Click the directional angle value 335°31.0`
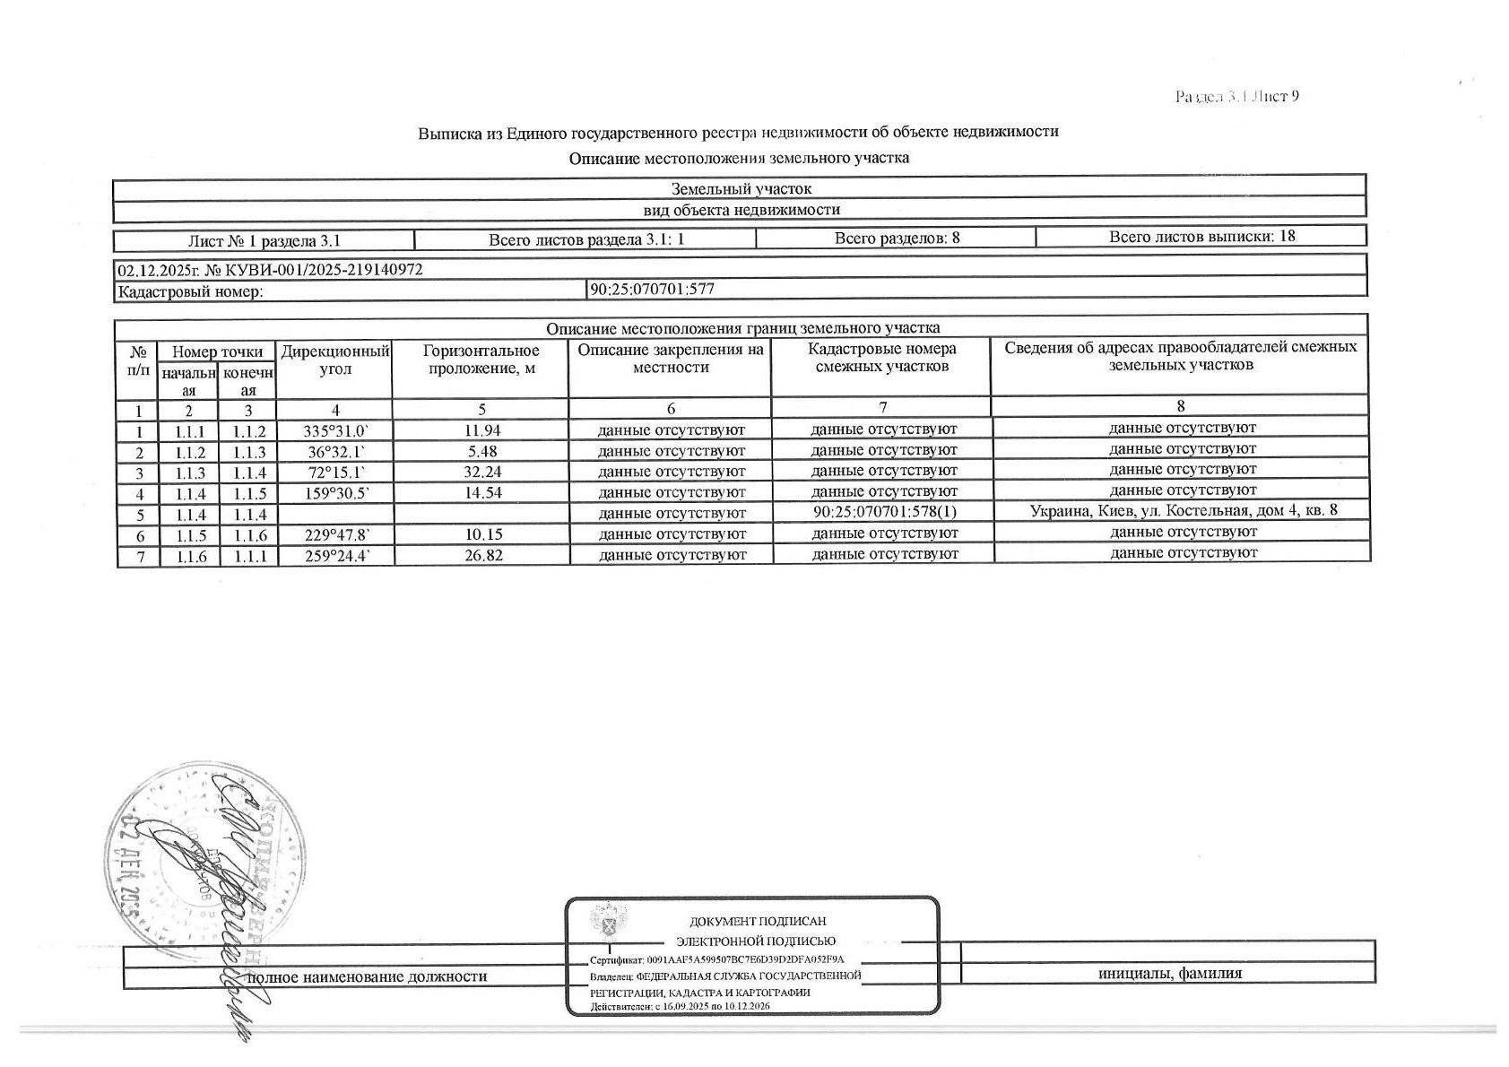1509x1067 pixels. click(x=335, y=431)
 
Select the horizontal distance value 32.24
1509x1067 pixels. click(x=482, y=472)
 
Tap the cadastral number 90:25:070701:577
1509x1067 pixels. click(x=652, y=289)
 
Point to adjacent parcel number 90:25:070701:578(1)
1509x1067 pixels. click(x=883, y=513)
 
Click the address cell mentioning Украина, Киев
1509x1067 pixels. click(x=1183, y=511)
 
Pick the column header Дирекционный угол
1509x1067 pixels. click(x=335, y=360)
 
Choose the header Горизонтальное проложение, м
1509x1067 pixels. click(x=481, y=360)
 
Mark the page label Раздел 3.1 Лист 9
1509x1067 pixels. click(x=1237, y=97)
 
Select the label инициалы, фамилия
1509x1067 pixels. click(x=1169, y=974)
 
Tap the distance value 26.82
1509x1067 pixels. click(x=482, y=555)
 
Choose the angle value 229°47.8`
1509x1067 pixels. click(x=335, y=534)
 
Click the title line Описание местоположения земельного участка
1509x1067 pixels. click(x=739, y=159)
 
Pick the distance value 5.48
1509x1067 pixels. click(x=482, y=451)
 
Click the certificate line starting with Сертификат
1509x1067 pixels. click(x=717, y=959)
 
